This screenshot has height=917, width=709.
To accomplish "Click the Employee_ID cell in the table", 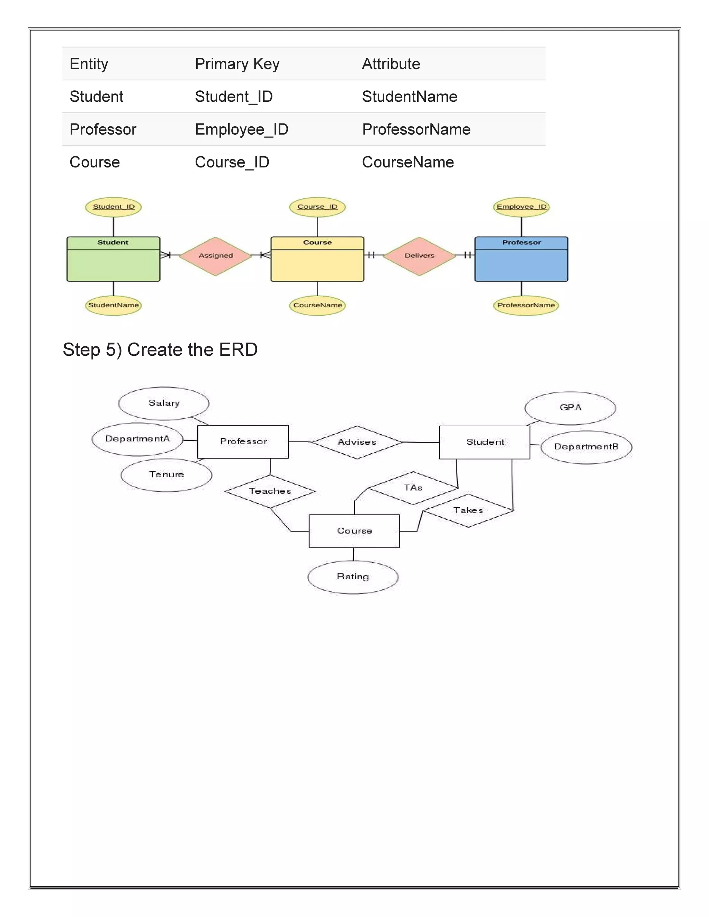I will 242,129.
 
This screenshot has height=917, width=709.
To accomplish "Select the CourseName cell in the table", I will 407,162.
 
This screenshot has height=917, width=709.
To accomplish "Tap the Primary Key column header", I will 237,64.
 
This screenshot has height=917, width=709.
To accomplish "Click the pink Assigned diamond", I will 215,256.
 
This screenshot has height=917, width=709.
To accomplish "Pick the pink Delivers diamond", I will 419,256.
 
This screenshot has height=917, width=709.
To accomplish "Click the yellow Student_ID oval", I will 114,207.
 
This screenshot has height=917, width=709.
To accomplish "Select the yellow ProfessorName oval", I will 526,305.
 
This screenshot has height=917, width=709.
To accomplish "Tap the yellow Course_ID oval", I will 317,207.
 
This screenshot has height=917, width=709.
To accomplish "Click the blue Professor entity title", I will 521,243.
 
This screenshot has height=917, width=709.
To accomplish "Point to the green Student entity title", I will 113,243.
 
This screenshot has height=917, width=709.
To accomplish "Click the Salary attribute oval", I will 164,403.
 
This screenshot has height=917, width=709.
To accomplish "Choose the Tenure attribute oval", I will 166,475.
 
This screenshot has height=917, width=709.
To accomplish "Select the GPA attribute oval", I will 570,408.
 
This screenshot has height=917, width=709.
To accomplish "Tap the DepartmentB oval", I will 586,447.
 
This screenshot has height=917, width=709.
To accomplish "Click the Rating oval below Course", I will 353,577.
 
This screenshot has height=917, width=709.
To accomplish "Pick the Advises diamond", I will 357,442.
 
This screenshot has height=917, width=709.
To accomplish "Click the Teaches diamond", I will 270,491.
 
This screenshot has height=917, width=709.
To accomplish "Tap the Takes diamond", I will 468,510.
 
